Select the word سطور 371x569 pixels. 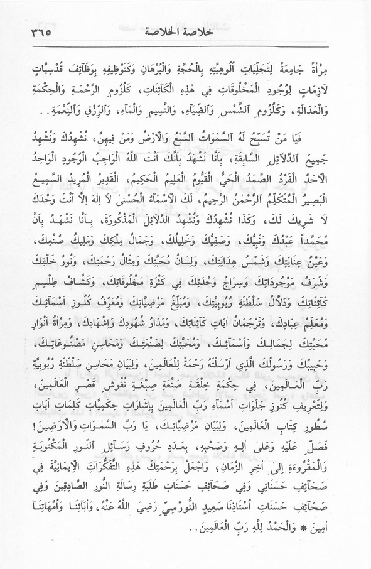pos(333,416)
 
